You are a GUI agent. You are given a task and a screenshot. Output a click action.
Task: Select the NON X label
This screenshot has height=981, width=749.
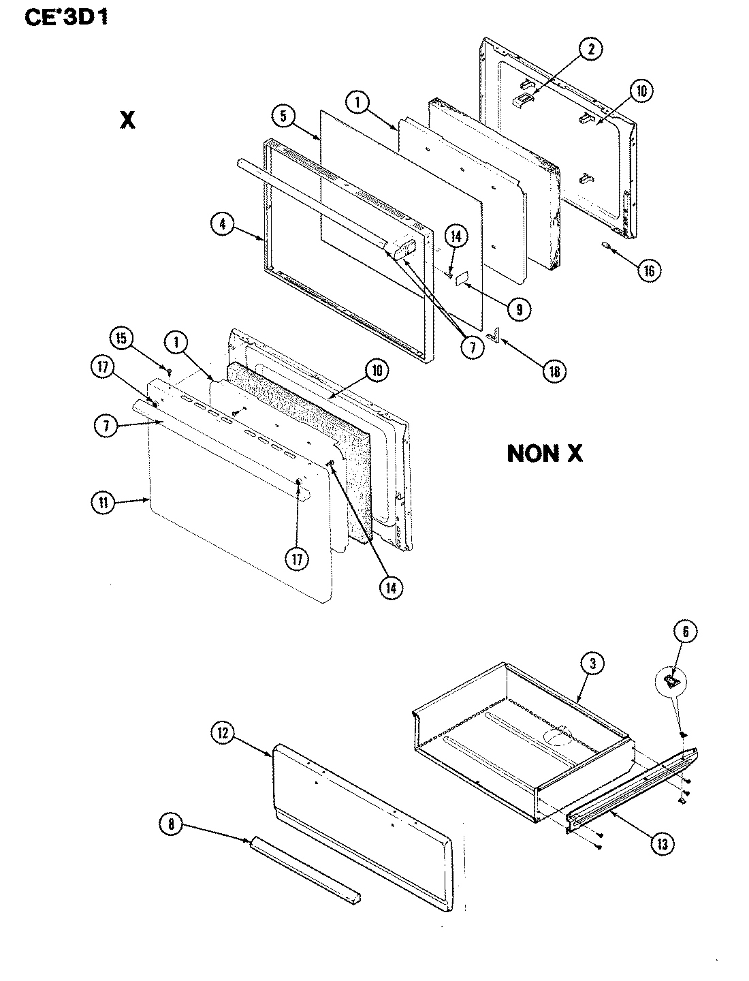545,454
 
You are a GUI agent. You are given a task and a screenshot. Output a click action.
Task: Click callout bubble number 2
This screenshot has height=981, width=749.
591,48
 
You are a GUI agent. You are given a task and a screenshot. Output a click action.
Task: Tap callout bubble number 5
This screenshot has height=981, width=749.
283,116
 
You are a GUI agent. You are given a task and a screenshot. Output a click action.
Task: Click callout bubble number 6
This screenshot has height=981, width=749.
684,633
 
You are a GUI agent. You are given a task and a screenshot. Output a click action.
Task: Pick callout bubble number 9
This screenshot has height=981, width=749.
519,309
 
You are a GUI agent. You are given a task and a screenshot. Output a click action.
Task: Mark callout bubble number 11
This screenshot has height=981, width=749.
103,504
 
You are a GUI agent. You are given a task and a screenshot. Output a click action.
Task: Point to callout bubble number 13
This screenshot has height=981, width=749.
661,843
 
